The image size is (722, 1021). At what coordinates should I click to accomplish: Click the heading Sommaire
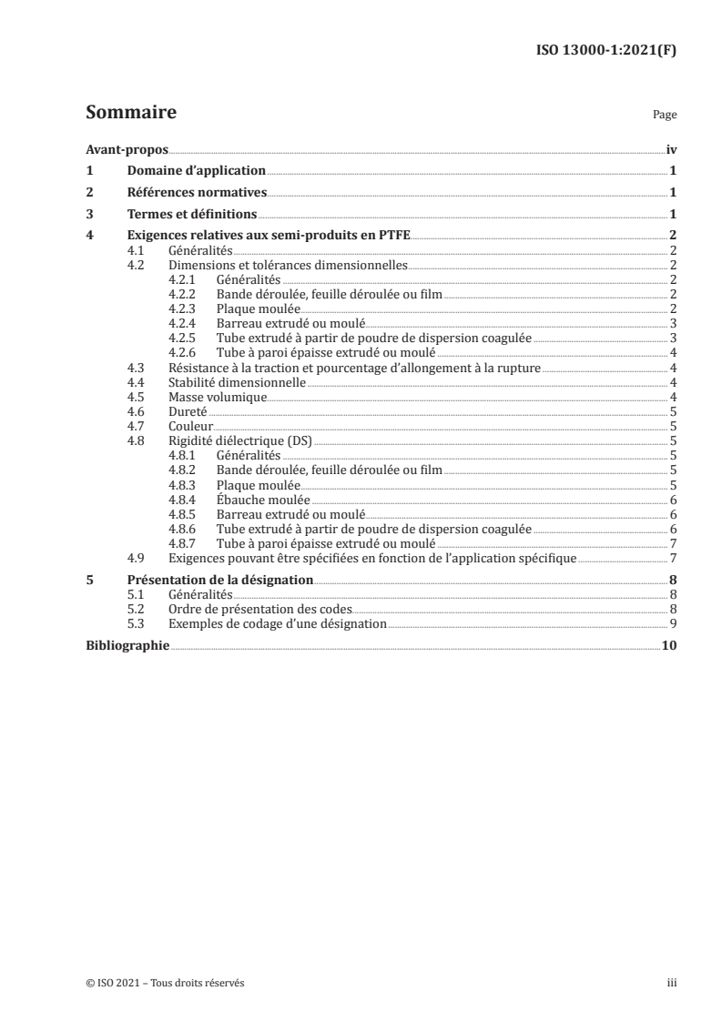(x=131, y=114)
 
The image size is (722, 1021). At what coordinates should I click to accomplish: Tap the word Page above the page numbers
(x=665, y=116)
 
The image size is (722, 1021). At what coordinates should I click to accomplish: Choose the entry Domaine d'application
(x=196, y=170)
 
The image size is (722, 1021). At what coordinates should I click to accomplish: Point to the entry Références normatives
(x=196, y=193)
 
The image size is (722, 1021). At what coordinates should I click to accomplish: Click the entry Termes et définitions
(x=192, y=215)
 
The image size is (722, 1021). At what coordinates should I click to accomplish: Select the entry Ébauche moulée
(x=263, y=500)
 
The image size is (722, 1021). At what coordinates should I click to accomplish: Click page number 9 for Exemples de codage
(x=672, y=623)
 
